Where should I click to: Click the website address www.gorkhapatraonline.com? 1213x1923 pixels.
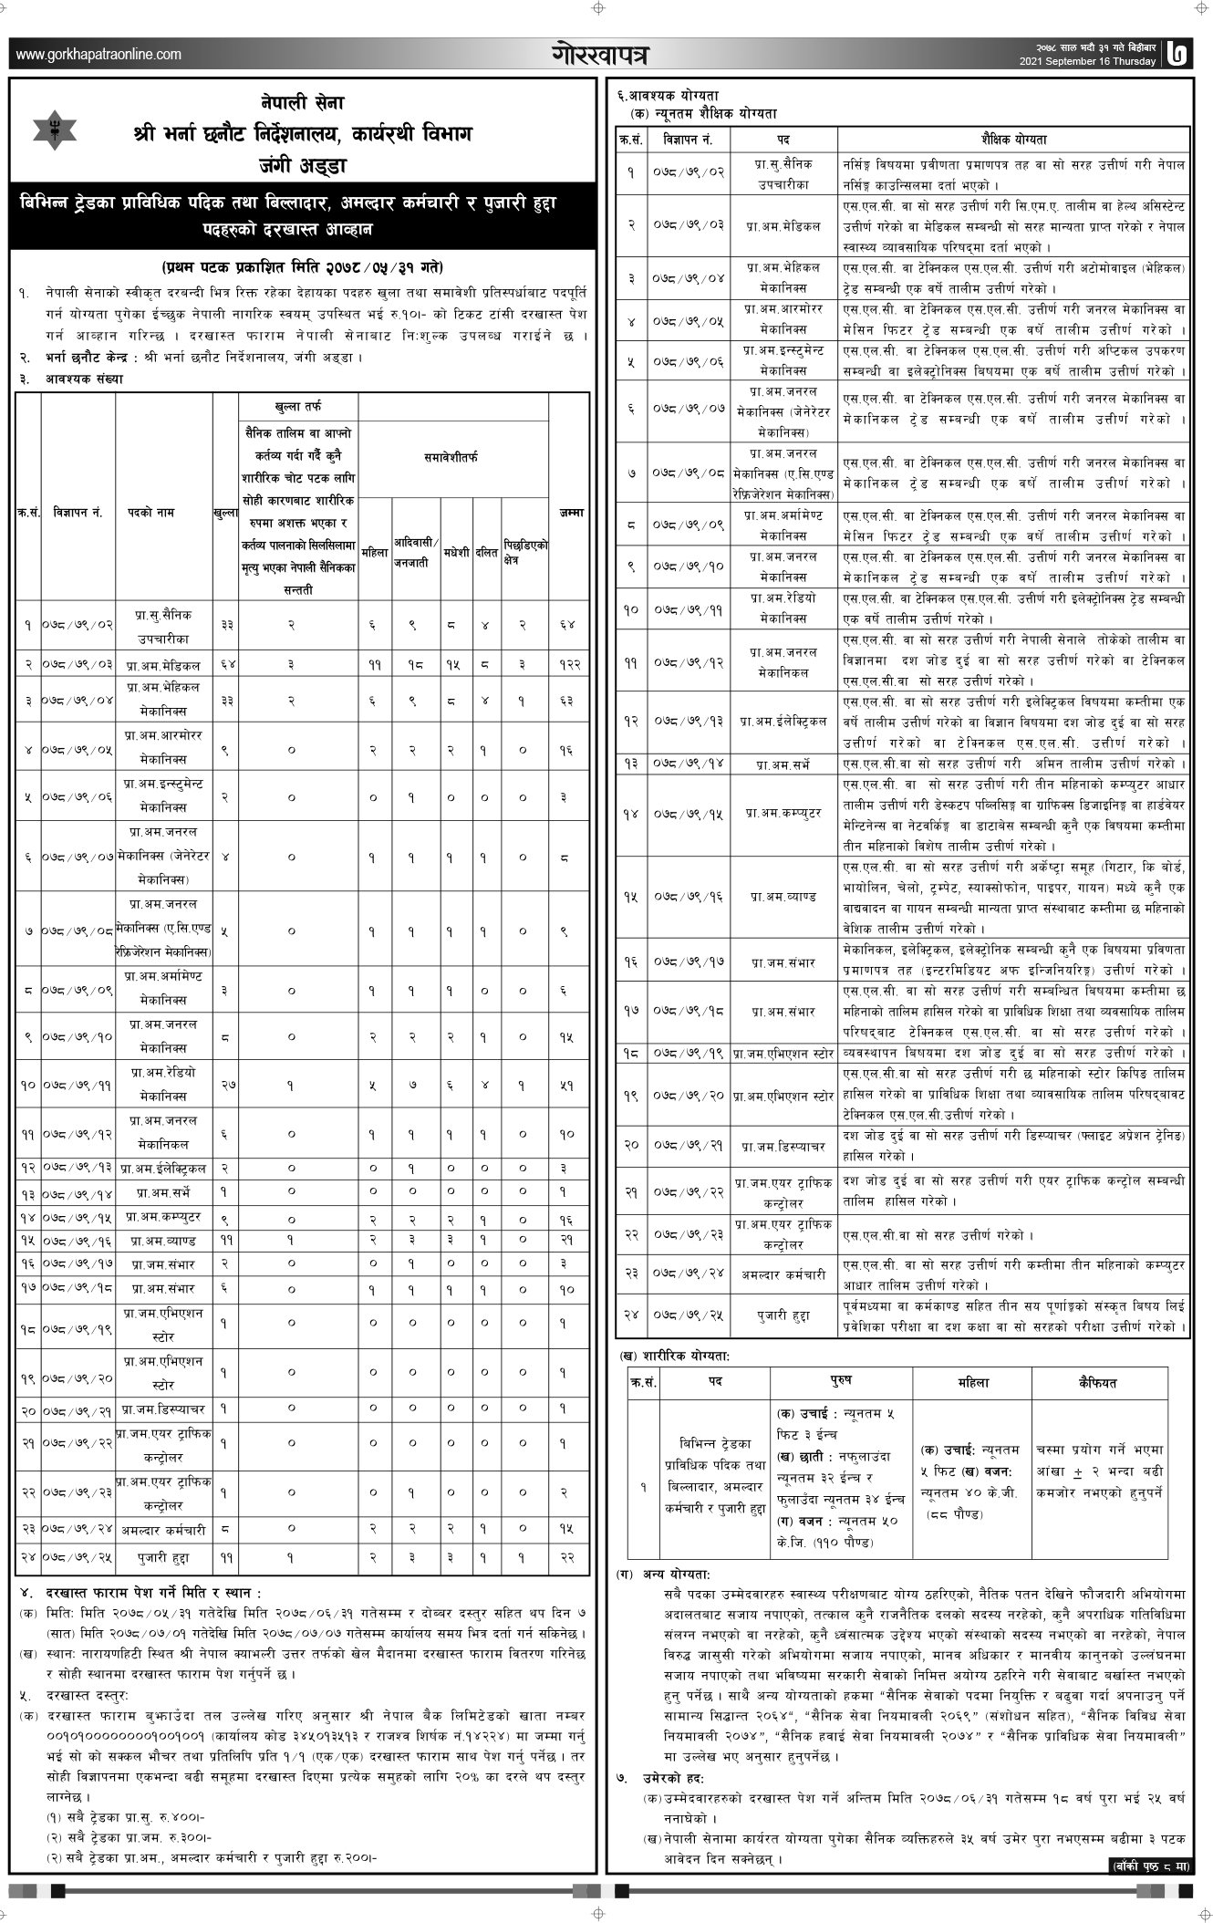(x=98, y=56)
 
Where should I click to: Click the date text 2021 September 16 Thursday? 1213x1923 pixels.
(x=1088, y=62)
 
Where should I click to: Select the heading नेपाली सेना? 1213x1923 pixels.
(x=301, y=103)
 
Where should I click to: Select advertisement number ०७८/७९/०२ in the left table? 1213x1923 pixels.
(x=78, y=625)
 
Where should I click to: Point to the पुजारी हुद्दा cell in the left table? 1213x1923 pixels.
(x=164, y=1558)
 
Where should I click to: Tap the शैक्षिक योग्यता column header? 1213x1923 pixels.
(x=1013, y=140)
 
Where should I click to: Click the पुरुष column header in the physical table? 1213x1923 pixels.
(x=841, y=1383)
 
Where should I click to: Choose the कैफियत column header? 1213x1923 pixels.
(x=1099, y=1383)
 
